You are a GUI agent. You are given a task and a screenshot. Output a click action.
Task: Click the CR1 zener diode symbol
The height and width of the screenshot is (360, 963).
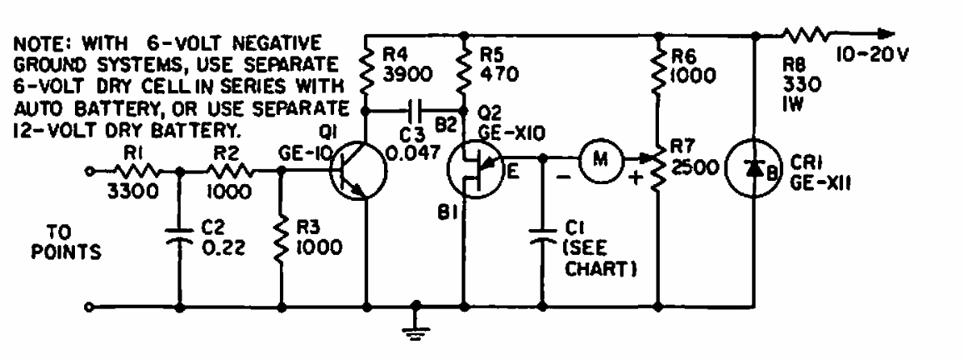(754, 168)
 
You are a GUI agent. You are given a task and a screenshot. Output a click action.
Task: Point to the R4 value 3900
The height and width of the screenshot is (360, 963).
(407, 73)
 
